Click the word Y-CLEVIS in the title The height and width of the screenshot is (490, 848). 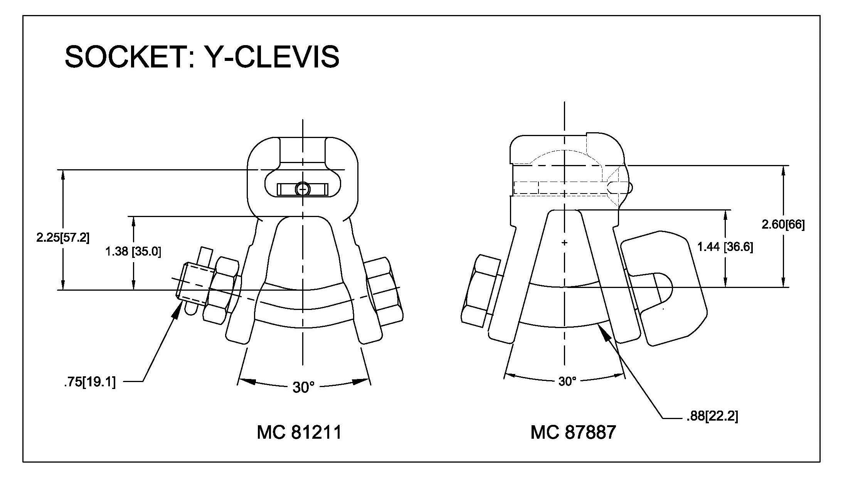[x=271, y=57]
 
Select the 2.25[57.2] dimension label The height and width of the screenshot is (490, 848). [x=63, y=237]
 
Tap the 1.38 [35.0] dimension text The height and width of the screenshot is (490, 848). [x=133, y=252]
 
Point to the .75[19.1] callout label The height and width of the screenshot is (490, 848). [x=90, y=382]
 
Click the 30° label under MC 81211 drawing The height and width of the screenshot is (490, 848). [x=304, y=387]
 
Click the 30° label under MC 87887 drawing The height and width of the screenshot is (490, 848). [x=567, y=381]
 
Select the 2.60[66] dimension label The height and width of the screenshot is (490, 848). [x=783, y=224]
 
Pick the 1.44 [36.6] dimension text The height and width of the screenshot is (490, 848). [x=725, y=247]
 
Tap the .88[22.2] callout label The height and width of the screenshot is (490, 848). [x=712, y=416]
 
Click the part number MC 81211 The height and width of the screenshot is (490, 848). [x=299, y=432]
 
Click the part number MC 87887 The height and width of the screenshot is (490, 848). [x=573, y=432]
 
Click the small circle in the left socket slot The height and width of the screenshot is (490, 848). [x=303, y=189]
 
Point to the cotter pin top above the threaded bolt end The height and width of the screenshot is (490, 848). [x=205, y=255]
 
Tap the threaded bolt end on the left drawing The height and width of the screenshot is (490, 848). [x=192, y=281]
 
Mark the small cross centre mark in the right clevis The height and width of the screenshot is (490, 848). [x=565, y=243]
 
